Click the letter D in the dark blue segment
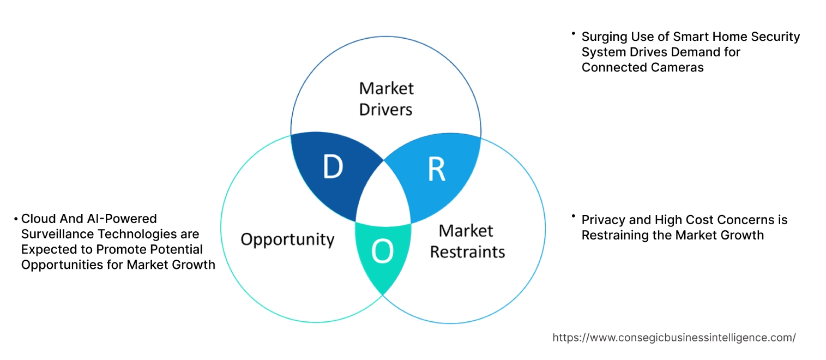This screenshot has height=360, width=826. tap(333, 167)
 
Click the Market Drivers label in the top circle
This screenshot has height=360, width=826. tap(386, 99)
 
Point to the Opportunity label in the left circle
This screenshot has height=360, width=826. tap(287, 239)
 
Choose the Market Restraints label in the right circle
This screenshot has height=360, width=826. tap(467, 241)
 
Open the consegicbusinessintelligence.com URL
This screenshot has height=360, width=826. tap(674, 338)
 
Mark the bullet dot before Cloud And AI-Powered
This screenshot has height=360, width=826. tap(16, 219)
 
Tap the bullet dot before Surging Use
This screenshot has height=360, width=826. tap(574, 34)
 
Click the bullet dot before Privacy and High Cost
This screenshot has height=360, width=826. tap(574, 217)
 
